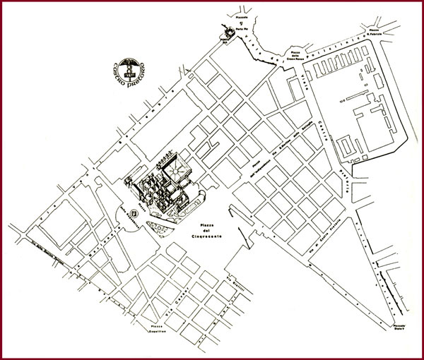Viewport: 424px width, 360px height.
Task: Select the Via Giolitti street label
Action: (x=233, y=282)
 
